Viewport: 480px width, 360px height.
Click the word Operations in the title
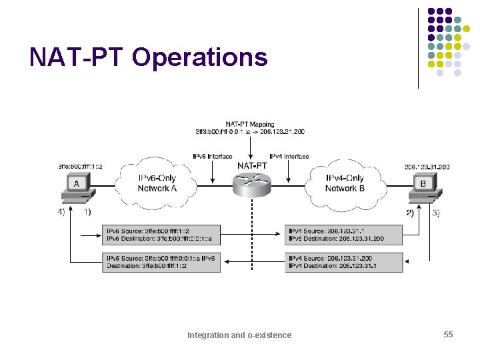[x=200, y=58]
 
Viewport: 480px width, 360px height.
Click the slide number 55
[x=448, y=334]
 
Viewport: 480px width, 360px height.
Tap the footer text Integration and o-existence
[x=239, y=335]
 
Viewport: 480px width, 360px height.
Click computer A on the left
[x=77, y=187]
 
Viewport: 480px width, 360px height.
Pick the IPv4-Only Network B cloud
[x=345, y=183]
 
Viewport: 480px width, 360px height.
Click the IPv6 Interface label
[x=212, y=156]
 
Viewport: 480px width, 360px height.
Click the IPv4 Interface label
[x=289, y=156]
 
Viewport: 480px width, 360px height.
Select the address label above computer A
[x=80, y=166]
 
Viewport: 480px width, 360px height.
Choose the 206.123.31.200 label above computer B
[x=427, y=166]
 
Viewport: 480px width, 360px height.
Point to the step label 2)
[x=409, y=213]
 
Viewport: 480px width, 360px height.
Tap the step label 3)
[x=435, y=213]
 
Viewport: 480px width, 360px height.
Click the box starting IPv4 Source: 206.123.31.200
[x=344, y=261]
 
